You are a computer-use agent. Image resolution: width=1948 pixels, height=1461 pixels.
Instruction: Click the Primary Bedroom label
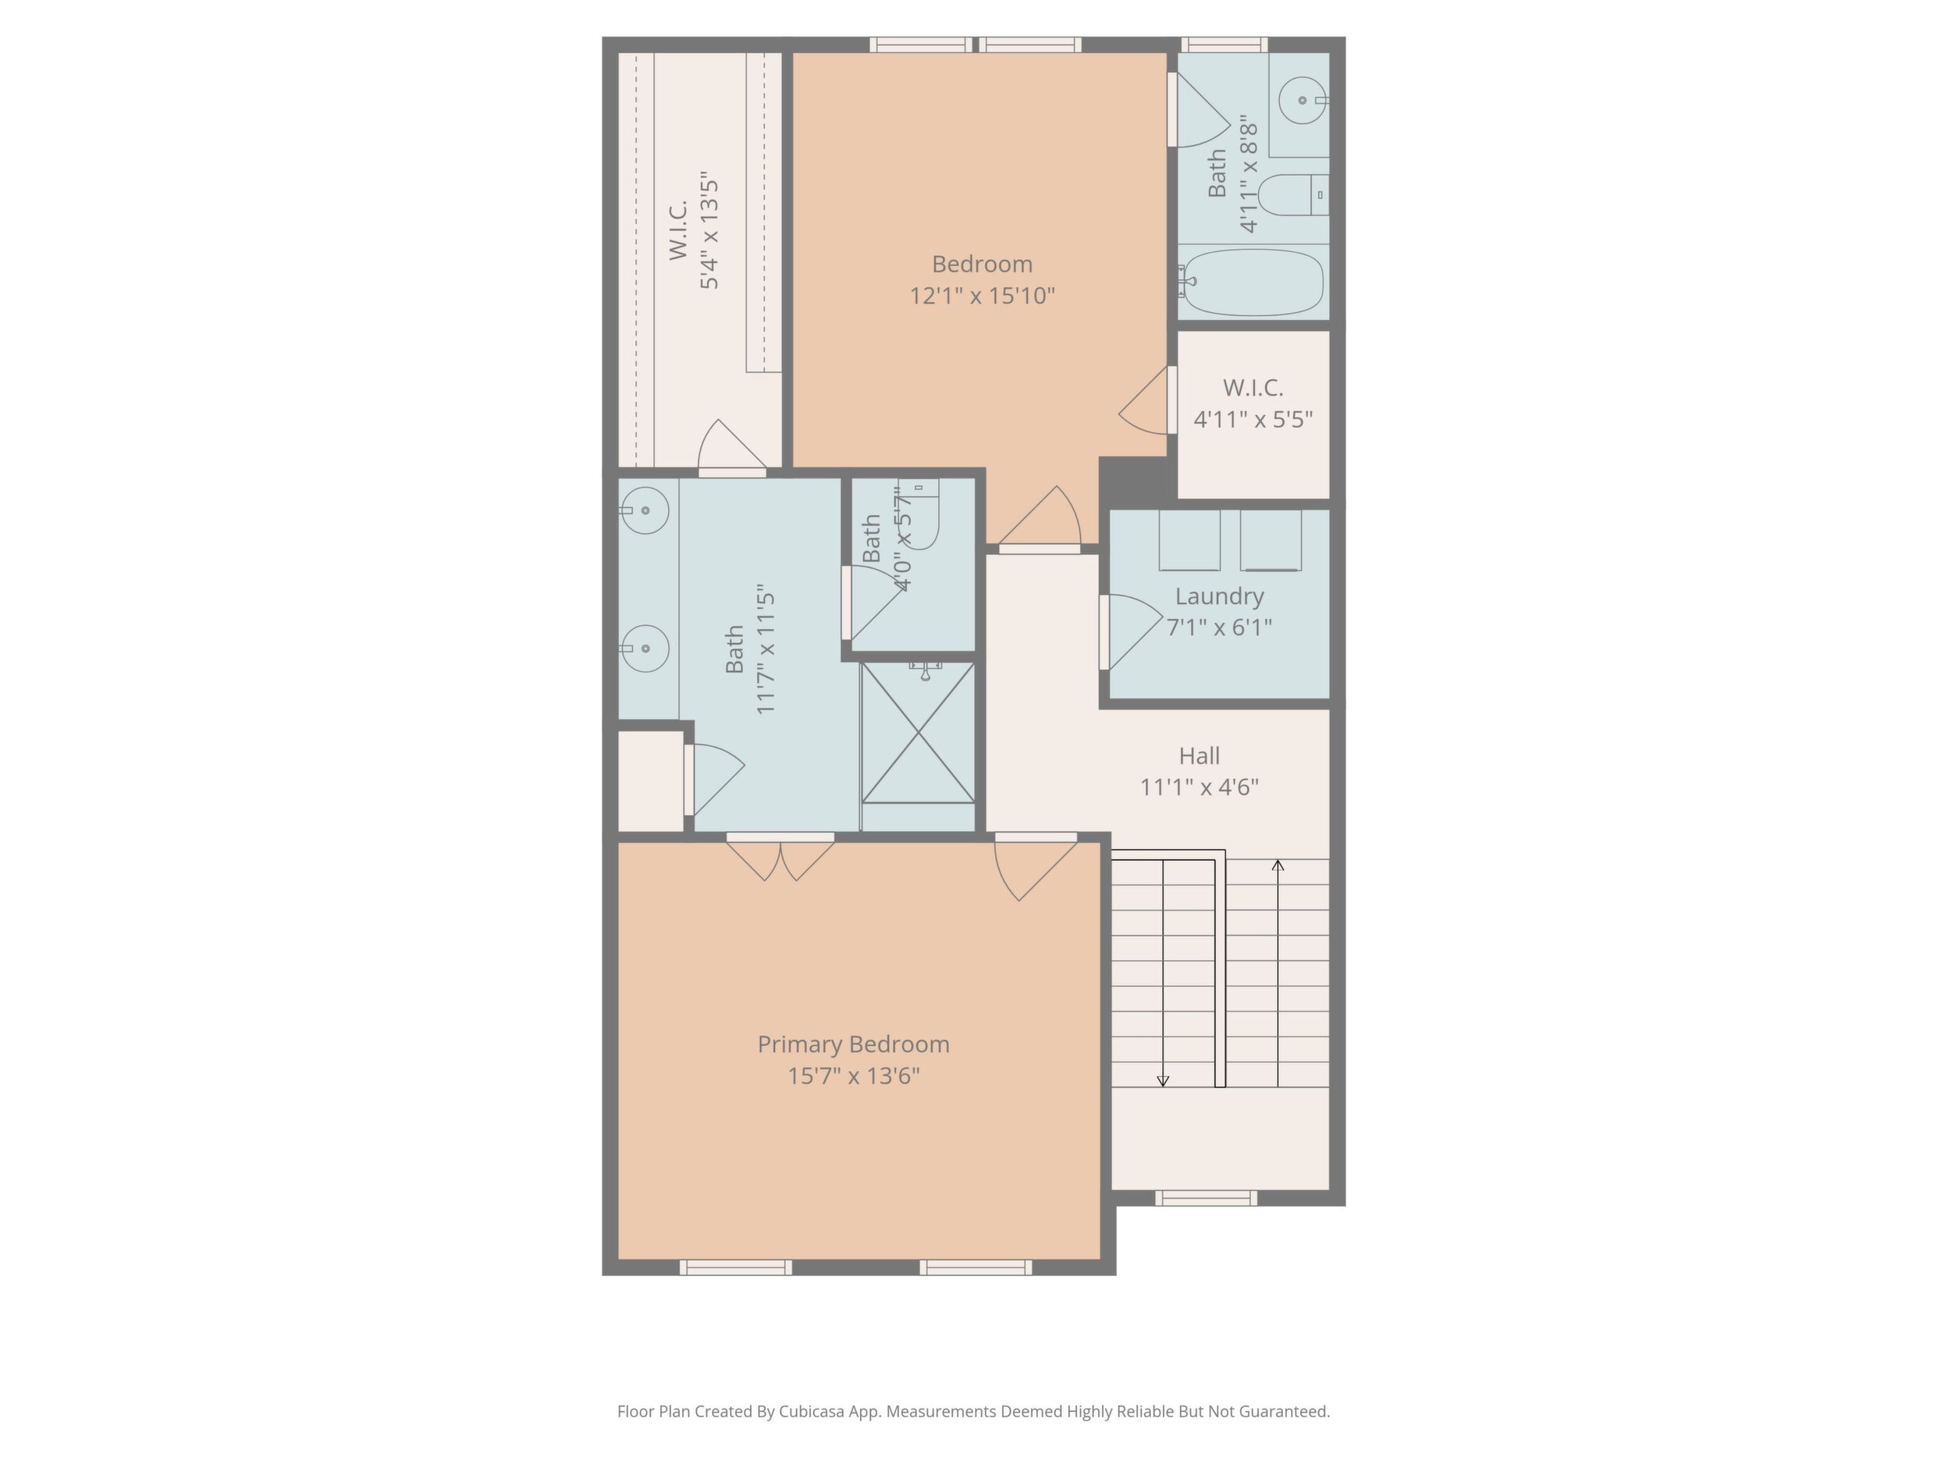(853, 1044)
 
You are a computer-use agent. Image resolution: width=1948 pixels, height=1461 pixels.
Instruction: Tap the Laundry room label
(1220, 596)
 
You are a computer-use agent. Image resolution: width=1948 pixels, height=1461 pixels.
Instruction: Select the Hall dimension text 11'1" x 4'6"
(1200, 787)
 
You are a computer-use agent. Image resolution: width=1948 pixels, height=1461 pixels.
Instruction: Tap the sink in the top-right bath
(1303, 101)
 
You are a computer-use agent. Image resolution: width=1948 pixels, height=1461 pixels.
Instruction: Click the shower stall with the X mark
(918, 733)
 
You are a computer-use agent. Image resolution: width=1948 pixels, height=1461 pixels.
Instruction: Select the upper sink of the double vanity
(644, 510)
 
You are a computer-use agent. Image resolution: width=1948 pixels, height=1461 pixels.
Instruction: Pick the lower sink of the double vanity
(644, 648)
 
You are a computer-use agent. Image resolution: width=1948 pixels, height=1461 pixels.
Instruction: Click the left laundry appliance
(1189, 540)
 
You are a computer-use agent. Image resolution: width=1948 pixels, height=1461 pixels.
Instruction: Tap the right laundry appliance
(1271, 540)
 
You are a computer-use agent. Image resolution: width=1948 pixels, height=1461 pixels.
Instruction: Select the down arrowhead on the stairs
(1162, 1081)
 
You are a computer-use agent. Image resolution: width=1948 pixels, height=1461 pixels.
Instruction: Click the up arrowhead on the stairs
(1278, 866)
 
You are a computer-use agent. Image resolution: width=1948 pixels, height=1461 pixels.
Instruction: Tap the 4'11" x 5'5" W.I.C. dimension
(1253, 419)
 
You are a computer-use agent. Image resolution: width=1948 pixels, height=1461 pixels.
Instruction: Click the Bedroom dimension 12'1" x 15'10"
(982, 295)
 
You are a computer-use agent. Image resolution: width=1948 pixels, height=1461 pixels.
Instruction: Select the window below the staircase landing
(1206, 1198)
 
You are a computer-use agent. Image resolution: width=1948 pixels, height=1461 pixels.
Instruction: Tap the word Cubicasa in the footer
(810, 1412)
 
